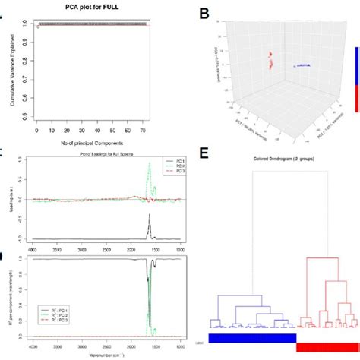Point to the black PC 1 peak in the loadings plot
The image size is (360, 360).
coord(150,224)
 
